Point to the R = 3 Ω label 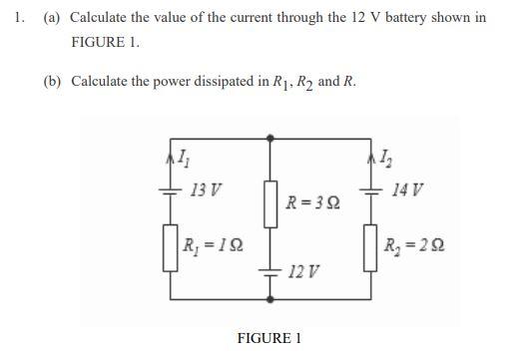coord(312,203)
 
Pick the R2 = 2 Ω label coord(418,244)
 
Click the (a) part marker coord(52,18)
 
